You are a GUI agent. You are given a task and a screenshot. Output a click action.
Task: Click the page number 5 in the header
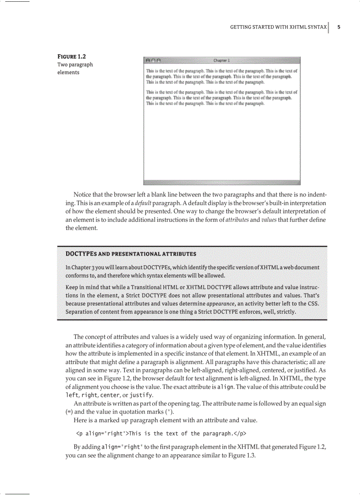[x=339, y=27]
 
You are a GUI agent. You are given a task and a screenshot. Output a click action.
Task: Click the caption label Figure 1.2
[x=72, y=56]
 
